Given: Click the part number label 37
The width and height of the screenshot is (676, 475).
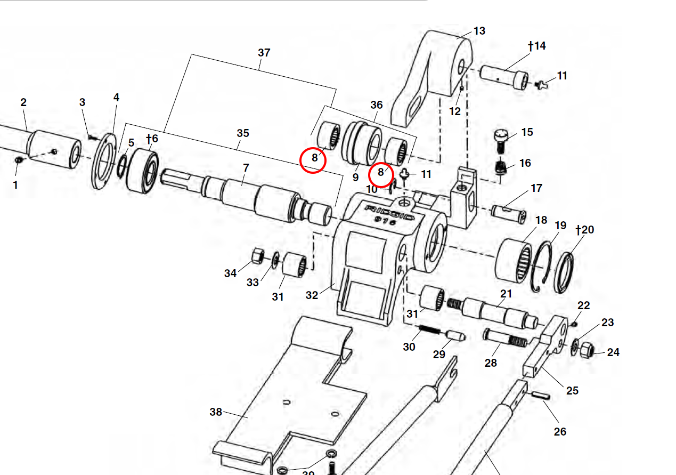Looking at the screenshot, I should click(x=264, y=53).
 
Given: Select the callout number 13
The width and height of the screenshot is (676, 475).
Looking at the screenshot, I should click(x=479, y=31).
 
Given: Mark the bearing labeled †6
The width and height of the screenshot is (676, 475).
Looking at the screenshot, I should click(x=142, y=172).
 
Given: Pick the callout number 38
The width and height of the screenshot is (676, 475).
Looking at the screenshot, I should click(x=216, y=412).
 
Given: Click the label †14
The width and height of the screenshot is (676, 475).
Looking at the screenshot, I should click(x=537, y=46).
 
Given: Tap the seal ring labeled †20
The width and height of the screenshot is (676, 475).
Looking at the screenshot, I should click(x=563, y=271).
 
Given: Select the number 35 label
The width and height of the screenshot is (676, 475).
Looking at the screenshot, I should click(x=242, y=133).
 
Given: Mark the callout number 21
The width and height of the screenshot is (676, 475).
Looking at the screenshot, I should click(x=506, y=294).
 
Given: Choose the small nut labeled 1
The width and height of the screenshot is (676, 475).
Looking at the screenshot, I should click(x=19, y=160).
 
